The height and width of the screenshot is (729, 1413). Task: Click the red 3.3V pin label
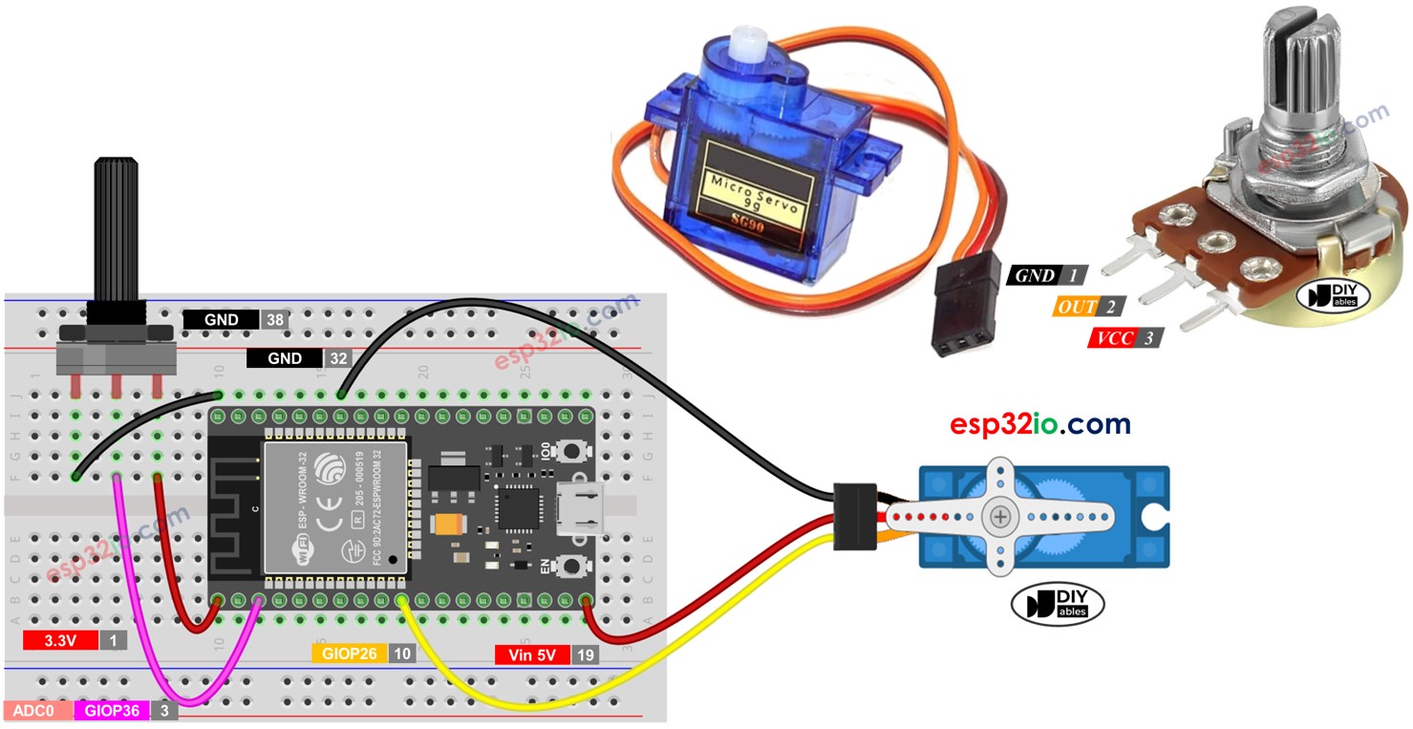tap(60, 640)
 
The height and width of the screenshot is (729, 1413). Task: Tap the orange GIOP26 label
tap(349, 654)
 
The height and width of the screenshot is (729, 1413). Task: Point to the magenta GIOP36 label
tap(113, 711)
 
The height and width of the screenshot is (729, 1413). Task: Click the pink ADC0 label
tap(37, 711)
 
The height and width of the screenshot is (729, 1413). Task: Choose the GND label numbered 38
tap(221, 320)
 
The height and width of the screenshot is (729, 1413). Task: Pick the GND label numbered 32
tap(285, 358)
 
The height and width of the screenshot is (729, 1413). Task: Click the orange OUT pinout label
tap(1075, 307)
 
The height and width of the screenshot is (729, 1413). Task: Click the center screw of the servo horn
tap(1000, 516)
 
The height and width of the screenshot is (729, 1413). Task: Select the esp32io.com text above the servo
tap(1039, 424)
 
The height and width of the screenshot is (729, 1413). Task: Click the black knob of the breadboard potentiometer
tap(116, 229)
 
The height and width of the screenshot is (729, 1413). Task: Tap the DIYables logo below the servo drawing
tap(1058, 605)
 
